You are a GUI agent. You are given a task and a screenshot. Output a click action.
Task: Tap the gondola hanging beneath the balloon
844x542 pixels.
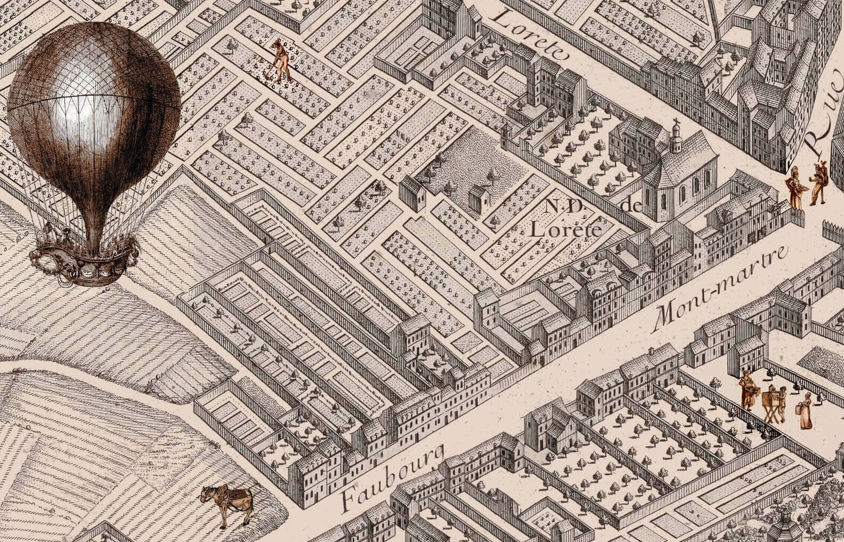[x=85, y=261]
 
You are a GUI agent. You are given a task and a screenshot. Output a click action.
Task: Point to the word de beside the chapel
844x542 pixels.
[x=631, y=206]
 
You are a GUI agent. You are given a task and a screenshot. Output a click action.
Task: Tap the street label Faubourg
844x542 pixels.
[x=392, y=477]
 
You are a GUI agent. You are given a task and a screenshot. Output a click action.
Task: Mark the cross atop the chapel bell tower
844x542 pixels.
[x=676, y=122]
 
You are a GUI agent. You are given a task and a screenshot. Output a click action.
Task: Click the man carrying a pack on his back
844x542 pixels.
[x=818, y=184]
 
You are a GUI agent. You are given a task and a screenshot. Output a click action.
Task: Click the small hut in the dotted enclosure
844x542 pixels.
[x=478, y=199]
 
